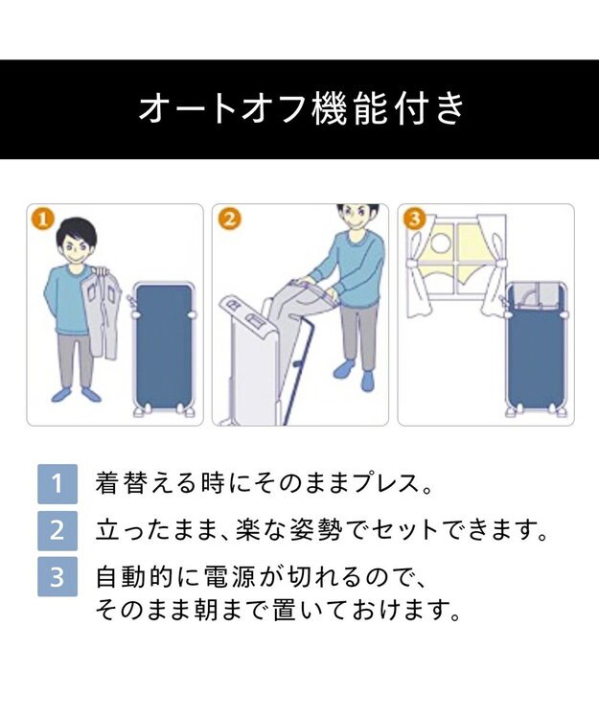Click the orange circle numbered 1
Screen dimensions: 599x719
click(42, 220)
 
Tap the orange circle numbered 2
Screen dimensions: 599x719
click(229, 220)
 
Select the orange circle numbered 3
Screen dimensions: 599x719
click(414, 220)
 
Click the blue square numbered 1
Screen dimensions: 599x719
click(58, 484)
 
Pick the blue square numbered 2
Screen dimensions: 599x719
click(58, 530)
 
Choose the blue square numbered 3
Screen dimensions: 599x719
click(58, 576)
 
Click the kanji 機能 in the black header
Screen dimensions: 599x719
click(349, 108)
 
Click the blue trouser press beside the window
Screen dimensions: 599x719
click(536, 349)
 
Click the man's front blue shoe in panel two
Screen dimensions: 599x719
click(368, 381)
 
